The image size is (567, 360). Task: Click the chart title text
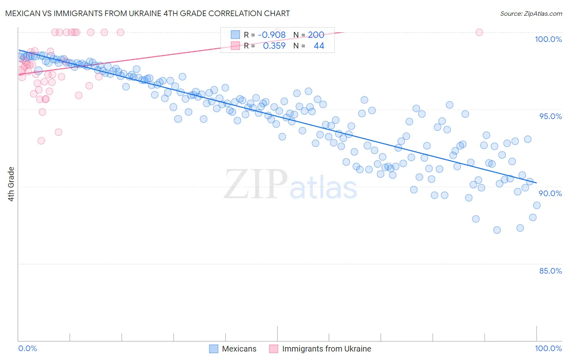[148, 13]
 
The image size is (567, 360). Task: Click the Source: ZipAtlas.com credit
[531, 13]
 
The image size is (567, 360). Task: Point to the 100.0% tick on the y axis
[548, 39]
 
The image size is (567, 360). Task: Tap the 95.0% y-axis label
[550, 116]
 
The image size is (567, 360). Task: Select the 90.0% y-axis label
[550, 193]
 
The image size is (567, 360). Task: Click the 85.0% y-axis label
[550, 271]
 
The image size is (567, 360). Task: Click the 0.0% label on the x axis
[27, 348]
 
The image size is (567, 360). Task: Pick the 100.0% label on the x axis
[548, 348]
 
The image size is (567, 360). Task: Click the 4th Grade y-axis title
[11, 184]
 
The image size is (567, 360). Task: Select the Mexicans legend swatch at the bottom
[214, 349]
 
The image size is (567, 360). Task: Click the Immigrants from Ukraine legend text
[326, 349]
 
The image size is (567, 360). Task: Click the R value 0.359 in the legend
[274, 46]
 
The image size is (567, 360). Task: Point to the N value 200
[316, 35]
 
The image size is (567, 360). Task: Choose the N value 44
[319, 46]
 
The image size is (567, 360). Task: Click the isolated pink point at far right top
[479, 32]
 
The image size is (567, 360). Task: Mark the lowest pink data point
[41, 141]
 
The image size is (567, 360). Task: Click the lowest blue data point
[497, 230]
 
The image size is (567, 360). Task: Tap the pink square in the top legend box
[236, 46]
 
